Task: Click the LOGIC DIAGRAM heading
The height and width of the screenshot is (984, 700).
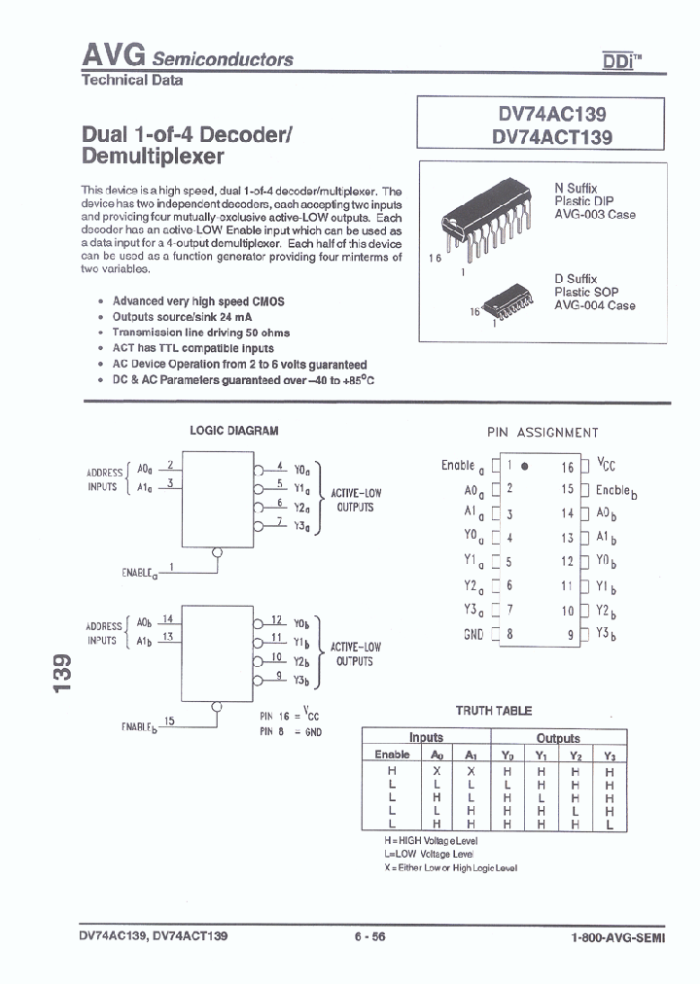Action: click(233, 430)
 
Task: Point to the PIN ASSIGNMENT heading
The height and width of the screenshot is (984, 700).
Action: click(542, 433)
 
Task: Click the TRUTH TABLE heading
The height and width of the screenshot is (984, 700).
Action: click(493, 711)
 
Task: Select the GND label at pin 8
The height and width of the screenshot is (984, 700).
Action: click(472, 633)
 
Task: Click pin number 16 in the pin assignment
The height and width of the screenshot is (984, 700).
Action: click(568, 467)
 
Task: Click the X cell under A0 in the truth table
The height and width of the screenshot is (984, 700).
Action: click(437, 770)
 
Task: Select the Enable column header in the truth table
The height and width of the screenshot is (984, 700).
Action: click(392, 755)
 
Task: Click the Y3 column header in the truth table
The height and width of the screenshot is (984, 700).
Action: click(610, 756)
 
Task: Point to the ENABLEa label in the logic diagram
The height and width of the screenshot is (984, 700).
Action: click(139, 573)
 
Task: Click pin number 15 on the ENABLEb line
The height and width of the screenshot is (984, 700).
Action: click(169, 720)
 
